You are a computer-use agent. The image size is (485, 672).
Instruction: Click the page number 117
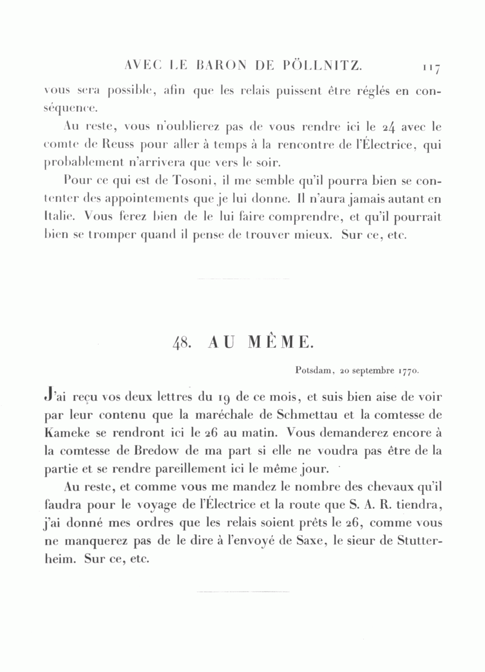pos(432,68)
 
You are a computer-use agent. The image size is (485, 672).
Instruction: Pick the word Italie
pos(56,217)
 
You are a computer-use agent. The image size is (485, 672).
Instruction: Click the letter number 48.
pos(180,343)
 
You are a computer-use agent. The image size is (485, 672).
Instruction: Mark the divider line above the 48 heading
pos(243,279)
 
